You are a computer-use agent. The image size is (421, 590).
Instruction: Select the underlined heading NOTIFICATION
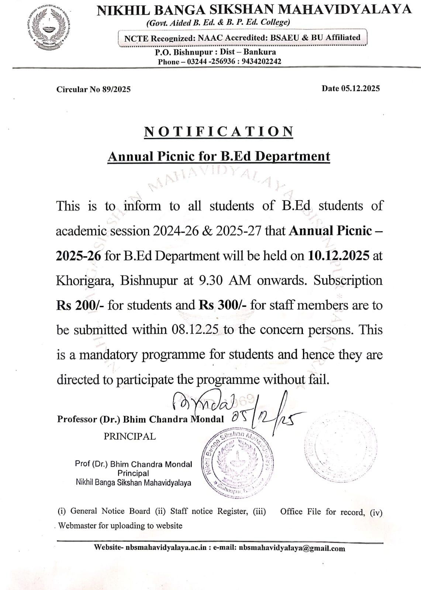click(218, 132)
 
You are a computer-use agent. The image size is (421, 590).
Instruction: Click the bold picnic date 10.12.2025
click(338, 256)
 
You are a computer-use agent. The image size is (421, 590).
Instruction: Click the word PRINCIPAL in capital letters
click(130, 436)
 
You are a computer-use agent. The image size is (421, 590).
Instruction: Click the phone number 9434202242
click(261, 62)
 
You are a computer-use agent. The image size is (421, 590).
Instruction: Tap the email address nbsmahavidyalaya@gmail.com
click(292, 548)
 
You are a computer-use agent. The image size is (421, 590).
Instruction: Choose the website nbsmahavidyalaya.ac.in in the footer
click(166, 547)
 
